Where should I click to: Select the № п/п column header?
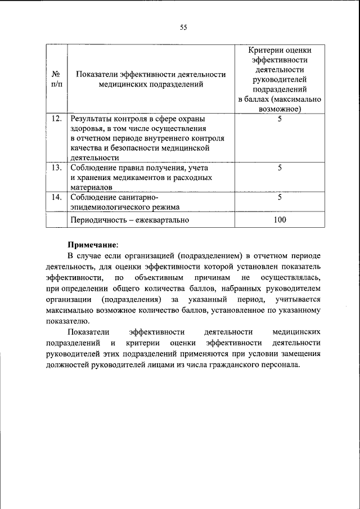(x=56, y=79)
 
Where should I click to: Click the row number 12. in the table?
(x=56, y=119)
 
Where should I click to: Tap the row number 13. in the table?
(x=56, y=168)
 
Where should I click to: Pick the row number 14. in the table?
(x=56, y=197)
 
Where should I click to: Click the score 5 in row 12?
(x=280, y=119)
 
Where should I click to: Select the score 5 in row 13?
(x=280, y=168)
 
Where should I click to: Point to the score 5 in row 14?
(x=280, y=197)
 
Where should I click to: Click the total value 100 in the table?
(x=280, y=219)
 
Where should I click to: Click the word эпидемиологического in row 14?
(x=106, y=207)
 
